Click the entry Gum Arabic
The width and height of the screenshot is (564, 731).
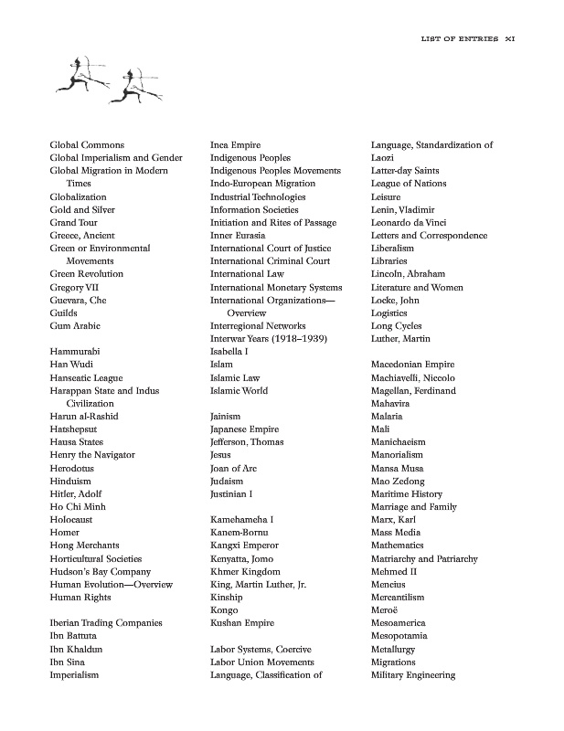(75, 326)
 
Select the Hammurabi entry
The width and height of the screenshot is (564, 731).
(75, 352)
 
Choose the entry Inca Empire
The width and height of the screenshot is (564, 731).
(235, 145)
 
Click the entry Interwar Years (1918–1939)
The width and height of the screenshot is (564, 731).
(269, 339)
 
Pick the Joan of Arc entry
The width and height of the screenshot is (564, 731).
(233, 469)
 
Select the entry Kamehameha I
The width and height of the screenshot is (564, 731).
(241, 520)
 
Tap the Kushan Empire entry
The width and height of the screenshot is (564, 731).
(242, 623)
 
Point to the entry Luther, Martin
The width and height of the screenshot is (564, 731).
(401, 339)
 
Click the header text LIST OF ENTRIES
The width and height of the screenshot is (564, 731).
(459, 39)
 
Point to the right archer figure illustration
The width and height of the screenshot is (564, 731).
(139, 84)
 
